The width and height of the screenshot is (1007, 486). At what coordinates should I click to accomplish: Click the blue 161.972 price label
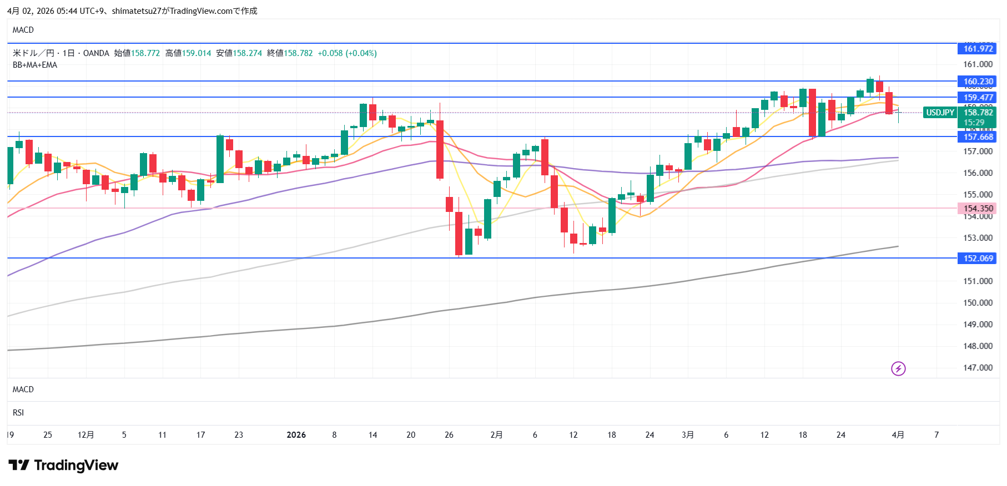978,49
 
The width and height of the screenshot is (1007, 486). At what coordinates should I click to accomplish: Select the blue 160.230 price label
978,82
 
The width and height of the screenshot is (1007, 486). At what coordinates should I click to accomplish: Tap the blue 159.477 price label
978,98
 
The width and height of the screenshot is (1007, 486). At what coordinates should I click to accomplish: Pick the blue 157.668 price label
978,137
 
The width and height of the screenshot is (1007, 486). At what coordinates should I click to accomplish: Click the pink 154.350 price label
978,209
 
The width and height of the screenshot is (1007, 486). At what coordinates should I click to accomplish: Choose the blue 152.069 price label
978,259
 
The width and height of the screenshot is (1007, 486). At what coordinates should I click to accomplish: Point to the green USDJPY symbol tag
940,113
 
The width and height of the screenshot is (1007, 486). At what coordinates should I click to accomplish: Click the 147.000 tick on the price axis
978,368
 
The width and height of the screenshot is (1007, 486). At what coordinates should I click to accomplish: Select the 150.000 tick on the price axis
978,303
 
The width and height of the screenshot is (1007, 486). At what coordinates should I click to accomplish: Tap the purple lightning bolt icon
898,368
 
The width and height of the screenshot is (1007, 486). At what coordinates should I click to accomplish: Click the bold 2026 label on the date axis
296,435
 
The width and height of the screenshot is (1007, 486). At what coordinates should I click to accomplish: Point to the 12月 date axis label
85,435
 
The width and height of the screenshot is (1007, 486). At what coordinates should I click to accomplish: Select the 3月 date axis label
688,435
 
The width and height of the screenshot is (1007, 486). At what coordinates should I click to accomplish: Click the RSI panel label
18,413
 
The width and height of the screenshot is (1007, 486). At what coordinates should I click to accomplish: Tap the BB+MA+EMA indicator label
35,65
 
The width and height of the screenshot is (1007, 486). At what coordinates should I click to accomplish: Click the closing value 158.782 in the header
298,53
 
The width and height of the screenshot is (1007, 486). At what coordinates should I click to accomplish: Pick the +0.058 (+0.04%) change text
347,53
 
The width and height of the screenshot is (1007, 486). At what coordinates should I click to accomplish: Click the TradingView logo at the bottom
63,465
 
